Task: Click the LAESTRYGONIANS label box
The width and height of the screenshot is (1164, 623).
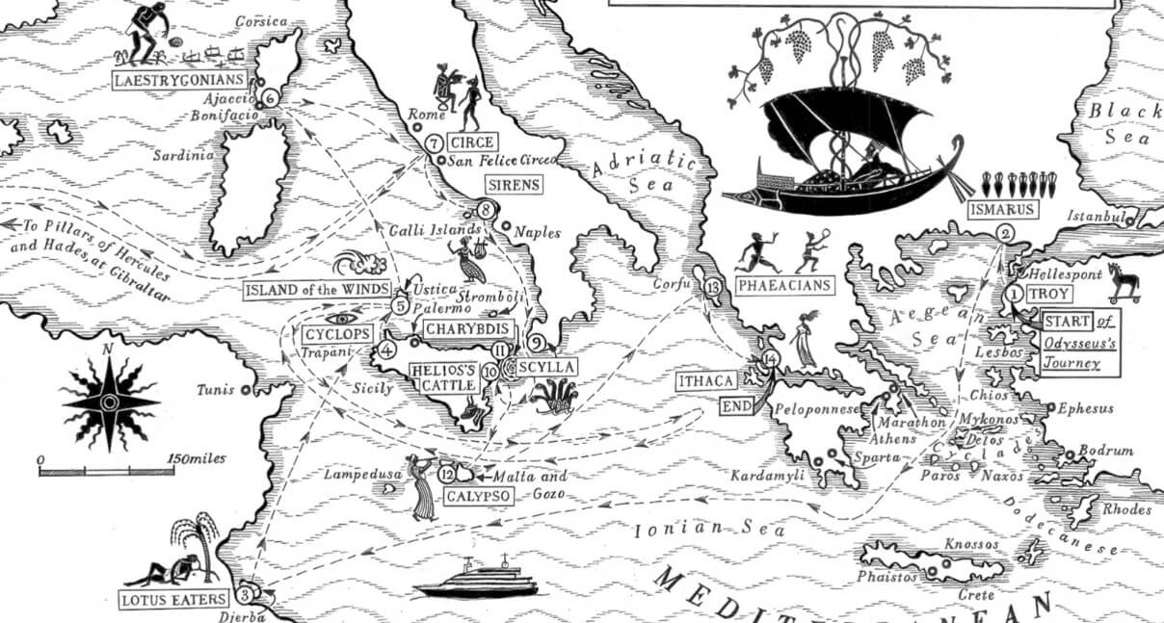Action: [x=178, y=80]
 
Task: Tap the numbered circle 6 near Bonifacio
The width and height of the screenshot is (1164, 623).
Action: [x=270, y=97]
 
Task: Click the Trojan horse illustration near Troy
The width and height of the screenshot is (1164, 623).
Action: [x=1123, y=282]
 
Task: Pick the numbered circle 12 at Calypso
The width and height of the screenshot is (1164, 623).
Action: [x=445, y=474]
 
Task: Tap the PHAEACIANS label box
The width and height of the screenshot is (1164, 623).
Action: [x=782, y=285]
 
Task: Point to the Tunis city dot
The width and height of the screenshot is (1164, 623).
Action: [x=247, y=390]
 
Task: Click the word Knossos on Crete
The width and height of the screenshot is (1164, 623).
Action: [x=972, y=544]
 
